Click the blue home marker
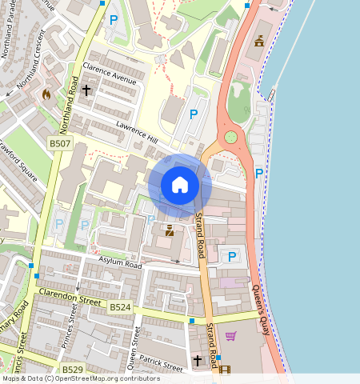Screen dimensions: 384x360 (x=180, y=185)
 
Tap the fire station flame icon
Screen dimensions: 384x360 (x=46, y=94)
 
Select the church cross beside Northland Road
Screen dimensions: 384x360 (x=86, y=90)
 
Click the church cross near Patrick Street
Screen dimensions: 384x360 (x=198, y=362)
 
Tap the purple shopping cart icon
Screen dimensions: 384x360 (x=231, y=336)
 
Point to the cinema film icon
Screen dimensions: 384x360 (x=224, y=370)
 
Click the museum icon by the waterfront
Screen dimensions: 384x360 (x=258, y=40)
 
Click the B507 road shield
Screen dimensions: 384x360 (x=59, y=142)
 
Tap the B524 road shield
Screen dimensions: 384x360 (x=120, y=307)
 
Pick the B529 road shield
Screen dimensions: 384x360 (x=73, y=370)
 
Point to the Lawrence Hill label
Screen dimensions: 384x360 (x=137, y=133)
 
